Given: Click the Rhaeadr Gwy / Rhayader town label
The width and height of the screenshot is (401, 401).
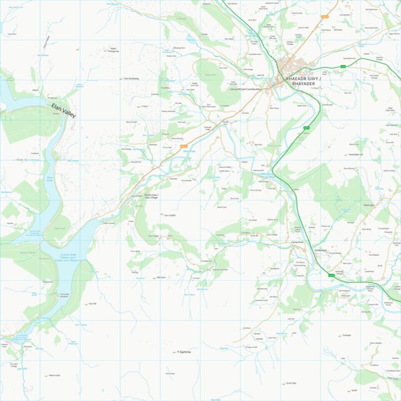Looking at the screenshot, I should (303, 82).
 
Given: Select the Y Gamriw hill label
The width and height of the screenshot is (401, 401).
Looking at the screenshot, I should (184, 352).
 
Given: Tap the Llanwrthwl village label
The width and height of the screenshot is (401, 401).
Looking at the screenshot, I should (297, 242).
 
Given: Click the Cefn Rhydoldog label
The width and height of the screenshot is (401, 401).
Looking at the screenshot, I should (131, 79).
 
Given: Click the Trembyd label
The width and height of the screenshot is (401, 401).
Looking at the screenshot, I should (347, 335).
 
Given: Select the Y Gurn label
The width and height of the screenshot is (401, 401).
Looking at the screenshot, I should (144, 106).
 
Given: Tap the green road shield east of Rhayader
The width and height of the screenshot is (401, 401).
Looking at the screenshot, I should (343, 66).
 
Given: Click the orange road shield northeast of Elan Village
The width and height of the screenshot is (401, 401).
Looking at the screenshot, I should (183, 146).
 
